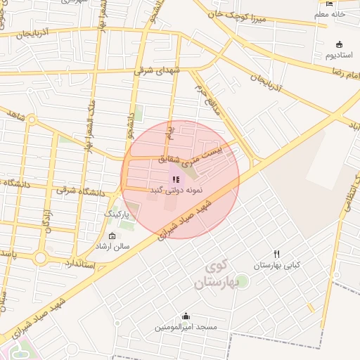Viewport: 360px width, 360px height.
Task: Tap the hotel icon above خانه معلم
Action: click(x=330, y=3)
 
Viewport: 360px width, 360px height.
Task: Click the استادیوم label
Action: click(x=340, y=55)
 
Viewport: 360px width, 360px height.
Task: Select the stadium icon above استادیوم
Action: click(x=340, y=44)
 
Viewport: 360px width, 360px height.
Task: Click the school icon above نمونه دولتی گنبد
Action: click(x=175, y=180)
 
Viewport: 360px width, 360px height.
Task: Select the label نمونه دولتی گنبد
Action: click(x=176, y=191)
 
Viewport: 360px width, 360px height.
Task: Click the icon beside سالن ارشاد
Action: click(x=113, y=236)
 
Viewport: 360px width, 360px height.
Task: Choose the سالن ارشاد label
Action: click(x=113, y=247)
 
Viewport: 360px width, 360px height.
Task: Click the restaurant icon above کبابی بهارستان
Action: click(x=277, y=254)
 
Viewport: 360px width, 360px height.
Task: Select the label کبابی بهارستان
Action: click(x=277, y=265)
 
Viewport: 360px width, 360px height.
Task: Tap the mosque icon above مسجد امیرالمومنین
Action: click(x=186, y=316)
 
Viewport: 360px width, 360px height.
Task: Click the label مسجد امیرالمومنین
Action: click(x=186, y=327)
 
